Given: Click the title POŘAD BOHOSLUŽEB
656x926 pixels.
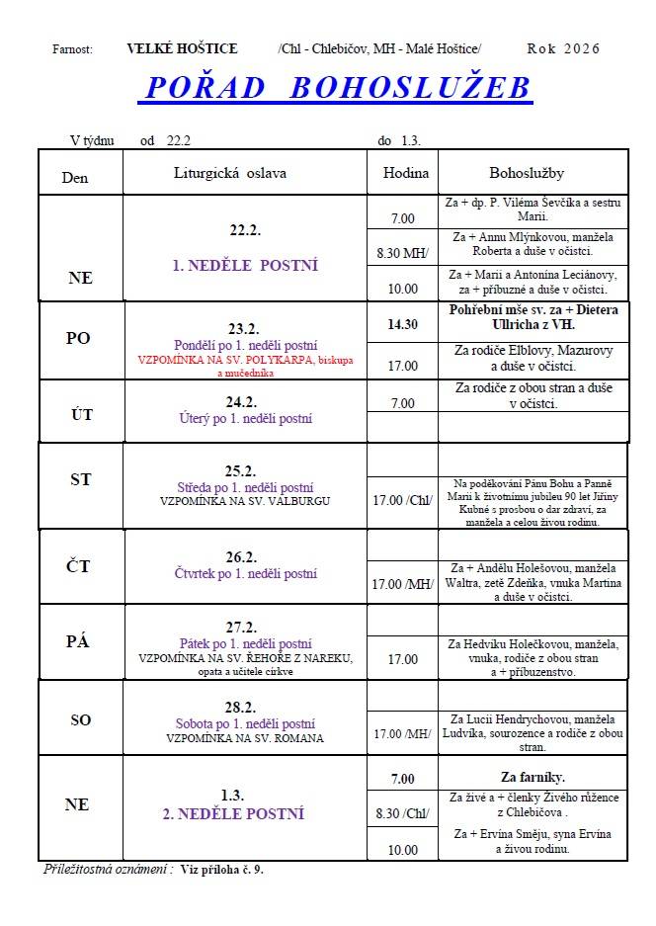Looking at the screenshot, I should point(338,88).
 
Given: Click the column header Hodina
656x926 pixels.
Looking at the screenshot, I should point(404,172).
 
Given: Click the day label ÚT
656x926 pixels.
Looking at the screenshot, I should point(82,414).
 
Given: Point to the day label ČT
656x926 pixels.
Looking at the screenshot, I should point(79,566).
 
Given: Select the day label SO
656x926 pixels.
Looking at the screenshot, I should point(80,719).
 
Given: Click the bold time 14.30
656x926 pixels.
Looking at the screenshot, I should point(402,323).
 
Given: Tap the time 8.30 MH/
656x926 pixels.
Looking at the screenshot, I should point(402,253).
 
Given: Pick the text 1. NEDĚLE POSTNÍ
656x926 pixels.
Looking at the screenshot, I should point(245,266).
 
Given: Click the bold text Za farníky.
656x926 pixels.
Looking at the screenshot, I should point(533,777).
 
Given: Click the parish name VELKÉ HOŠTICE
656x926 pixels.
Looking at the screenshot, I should point(182,48).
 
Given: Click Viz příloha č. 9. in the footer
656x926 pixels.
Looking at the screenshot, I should point(222,871).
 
